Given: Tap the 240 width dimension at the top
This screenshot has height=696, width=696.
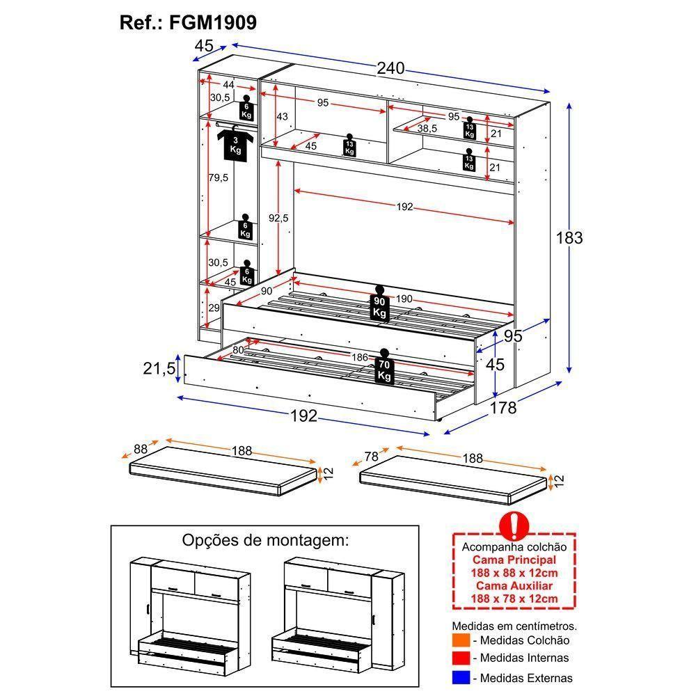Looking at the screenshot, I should tap(390, 69).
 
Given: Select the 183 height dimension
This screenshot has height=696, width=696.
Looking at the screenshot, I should tap(569, 237).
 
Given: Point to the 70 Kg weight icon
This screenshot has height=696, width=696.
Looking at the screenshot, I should tap(384, 366).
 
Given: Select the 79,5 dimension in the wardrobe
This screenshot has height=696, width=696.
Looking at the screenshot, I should tap(219, 177).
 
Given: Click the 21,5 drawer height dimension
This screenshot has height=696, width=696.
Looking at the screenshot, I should tap(159, 369).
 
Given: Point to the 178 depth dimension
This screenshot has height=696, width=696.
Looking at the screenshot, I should tap(504, 408).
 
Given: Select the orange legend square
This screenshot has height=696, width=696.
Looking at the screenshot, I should tap(460, 640).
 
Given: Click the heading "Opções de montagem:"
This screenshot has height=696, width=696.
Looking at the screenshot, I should tap(264, 540).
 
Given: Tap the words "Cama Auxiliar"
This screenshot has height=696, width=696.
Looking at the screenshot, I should tap(514, 585).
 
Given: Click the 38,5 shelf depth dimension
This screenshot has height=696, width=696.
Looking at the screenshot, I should tap(427, 129).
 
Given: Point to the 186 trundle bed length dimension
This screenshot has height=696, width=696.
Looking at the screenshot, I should tap(360, 357).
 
